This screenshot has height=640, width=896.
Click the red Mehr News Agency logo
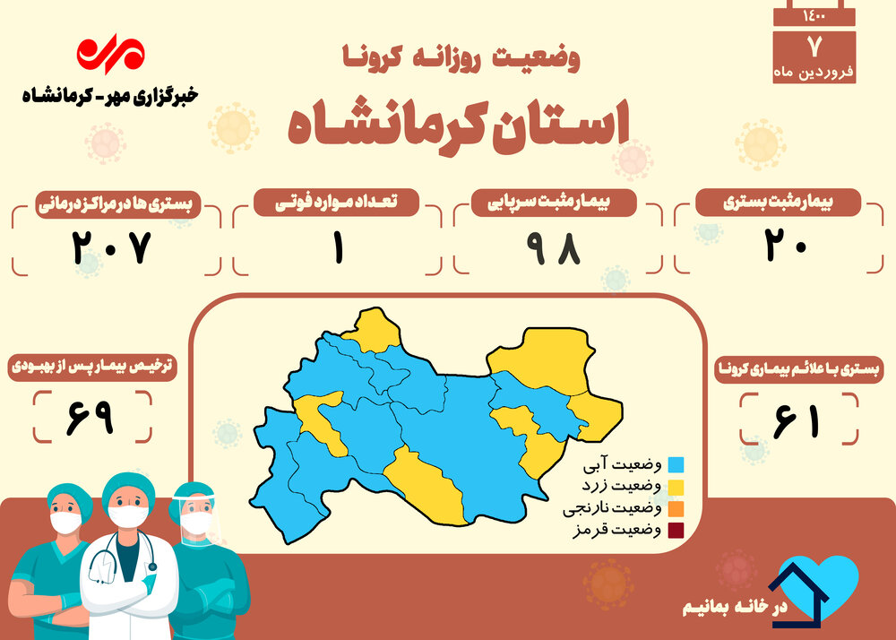click(111, 54)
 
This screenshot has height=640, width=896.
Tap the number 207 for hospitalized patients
click(112, 247)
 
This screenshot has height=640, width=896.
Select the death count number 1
click(339, 248)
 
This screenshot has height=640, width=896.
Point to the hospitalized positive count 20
click(786, 246)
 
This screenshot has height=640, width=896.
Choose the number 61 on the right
click(797, 421)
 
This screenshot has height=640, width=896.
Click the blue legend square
click(676, 464)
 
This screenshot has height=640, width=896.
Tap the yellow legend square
click(676, 487)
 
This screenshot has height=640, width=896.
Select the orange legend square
click(676, 508)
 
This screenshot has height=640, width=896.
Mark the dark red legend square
click(676, 531)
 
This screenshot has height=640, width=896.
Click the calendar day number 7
click(814, 47)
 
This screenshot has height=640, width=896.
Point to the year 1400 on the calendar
click(814, 16)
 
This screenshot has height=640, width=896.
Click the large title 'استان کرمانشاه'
click(458, 127)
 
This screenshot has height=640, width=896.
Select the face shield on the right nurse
click(197, 517)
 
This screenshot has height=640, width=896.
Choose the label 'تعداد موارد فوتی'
click(336, 203)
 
